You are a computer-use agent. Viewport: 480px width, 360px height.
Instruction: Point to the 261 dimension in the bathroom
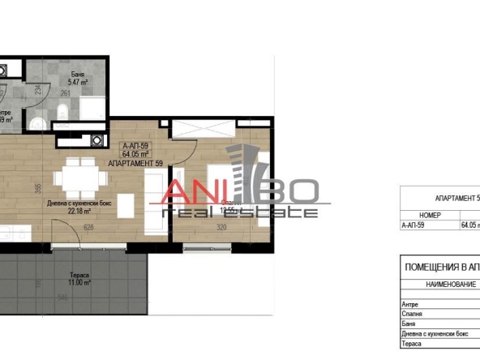pos(66,93)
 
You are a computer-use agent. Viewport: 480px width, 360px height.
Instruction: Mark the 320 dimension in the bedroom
pos(220,228)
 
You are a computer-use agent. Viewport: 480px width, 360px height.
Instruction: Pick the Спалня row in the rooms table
pos(413,314)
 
